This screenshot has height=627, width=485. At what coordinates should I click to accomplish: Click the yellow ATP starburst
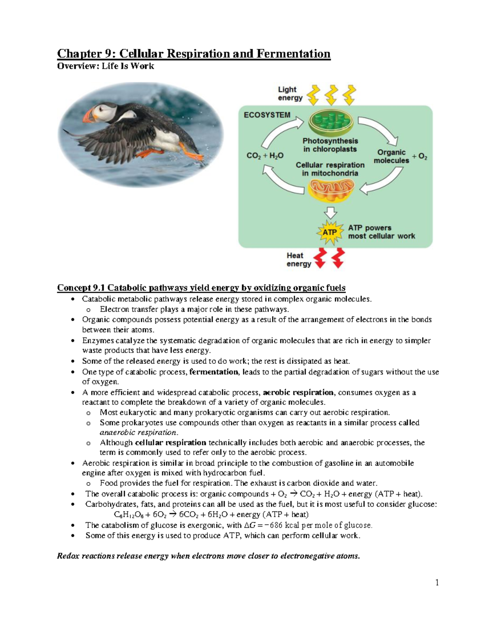330,233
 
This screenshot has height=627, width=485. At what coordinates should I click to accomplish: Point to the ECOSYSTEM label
267,115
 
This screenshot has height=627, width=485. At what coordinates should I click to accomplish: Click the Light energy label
290,94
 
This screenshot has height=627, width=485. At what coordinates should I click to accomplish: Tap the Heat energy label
299,260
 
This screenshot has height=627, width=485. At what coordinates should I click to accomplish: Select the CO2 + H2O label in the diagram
265,156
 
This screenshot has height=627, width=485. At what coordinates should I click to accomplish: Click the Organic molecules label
391,157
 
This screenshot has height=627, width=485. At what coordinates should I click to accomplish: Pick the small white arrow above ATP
331,213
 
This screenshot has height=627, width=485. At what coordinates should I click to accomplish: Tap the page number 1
437,582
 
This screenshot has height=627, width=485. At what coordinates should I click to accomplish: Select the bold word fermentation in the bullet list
213,372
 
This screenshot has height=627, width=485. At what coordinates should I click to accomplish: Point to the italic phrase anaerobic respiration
138,432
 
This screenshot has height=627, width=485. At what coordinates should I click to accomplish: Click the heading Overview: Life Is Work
105,66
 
